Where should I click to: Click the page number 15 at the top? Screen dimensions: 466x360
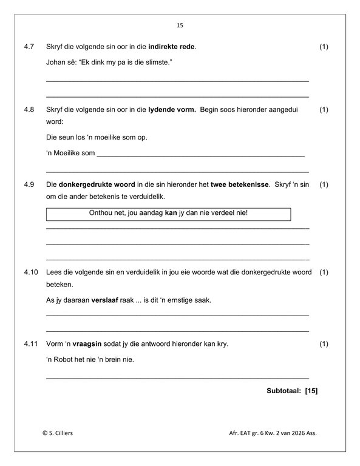pyautogui.click(x=180, y=25)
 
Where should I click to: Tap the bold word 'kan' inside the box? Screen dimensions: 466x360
pyautogui.click(x=171, y=214)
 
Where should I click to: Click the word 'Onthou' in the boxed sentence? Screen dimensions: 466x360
pyautogui.click(x=100, y=214)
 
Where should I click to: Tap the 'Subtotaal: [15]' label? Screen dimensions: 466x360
pyautogui.click(x=292, y=390)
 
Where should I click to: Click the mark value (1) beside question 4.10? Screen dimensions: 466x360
pyautogui.click(x=323, y=272)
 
